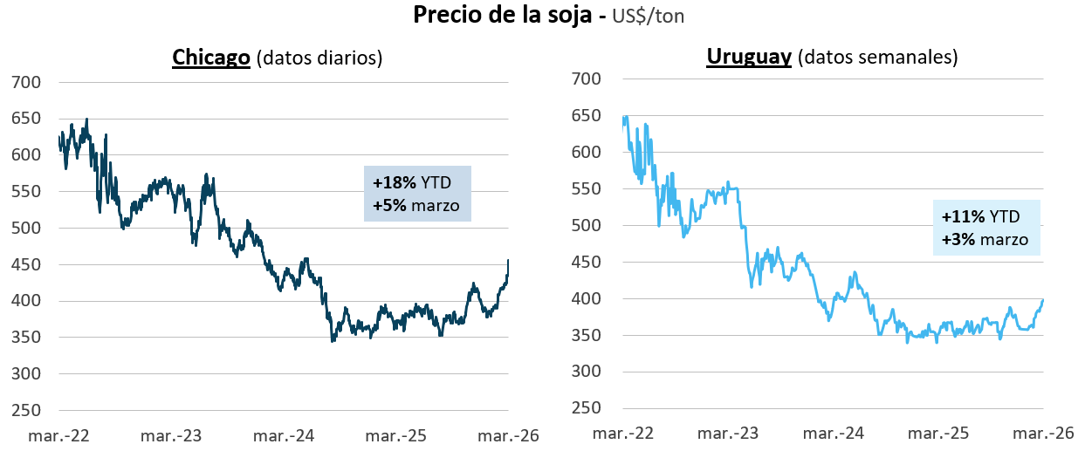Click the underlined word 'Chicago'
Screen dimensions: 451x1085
211,58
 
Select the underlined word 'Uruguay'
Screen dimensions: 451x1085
748,58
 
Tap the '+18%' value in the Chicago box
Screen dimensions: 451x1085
395,183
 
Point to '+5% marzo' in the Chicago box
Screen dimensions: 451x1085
415,207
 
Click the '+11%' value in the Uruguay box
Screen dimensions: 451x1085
963,217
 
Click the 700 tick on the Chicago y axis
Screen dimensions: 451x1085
26,83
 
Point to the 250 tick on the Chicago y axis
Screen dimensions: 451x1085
26,411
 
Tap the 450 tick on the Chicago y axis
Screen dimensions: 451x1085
26,265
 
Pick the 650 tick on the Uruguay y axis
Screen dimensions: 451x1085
587,116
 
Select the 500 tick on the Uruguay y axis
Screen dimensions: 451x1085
587,226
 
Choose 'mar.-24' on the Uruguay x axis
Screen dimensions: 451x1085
834,433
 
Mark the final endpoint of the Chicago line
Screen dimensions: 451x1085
509,260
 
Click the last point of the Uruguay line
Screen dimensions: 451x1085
1043,300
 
